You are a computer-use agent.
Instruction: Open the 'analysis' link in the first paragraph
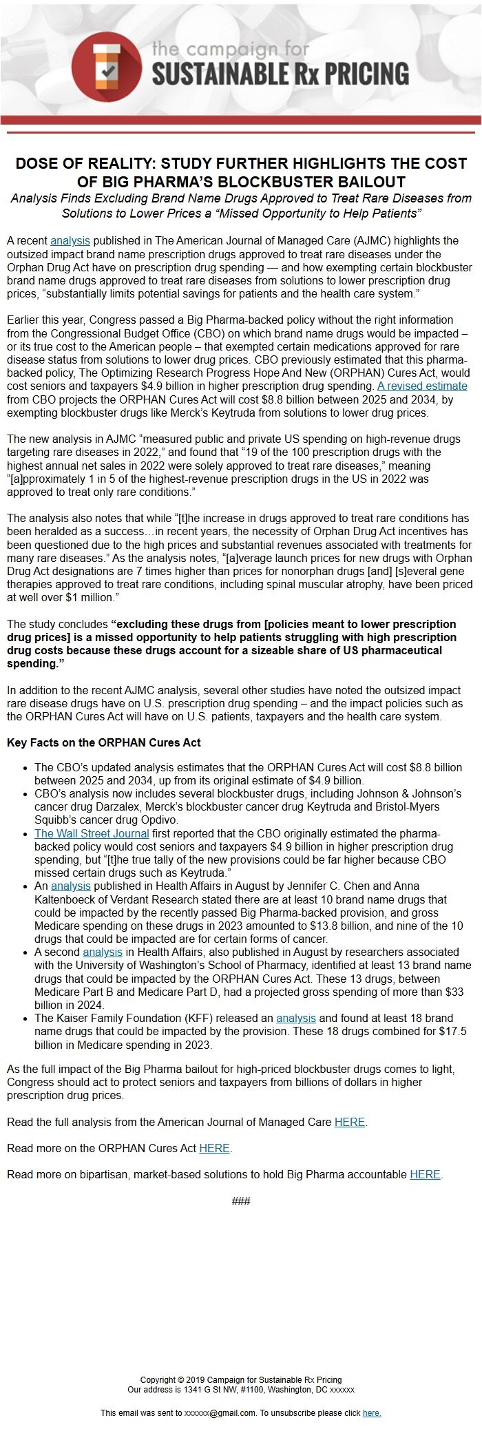coord(70,240)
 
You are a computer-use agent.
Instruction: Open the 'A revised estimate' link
coord(422,386)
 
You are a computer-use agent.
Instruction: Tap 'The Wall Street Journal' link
coord(92,833)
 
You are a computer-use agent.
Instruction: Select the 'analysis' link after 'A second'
coord(103,952)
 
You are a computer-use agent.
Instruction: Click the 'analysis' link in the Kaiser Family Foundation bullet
coord(296,1018)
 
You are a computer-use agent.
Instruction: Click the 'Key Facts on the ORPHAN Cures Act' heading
coord(104,742)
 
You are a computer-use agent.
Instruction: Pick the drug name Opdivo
coord(158,820)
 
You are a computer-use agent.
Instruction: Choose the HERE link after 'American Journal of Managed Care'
coord(349,1122)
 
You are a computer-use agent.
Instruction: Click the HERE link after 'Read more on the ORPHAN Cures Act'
coord(214,1148)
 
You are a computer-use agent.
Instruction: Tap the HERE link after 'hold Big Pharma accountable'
coord(425,1174)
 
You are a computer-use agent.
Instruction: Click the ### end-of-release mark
coord(241,1201)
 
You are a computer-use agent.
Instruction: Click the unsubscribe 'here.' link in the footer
coord(372,1412)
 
